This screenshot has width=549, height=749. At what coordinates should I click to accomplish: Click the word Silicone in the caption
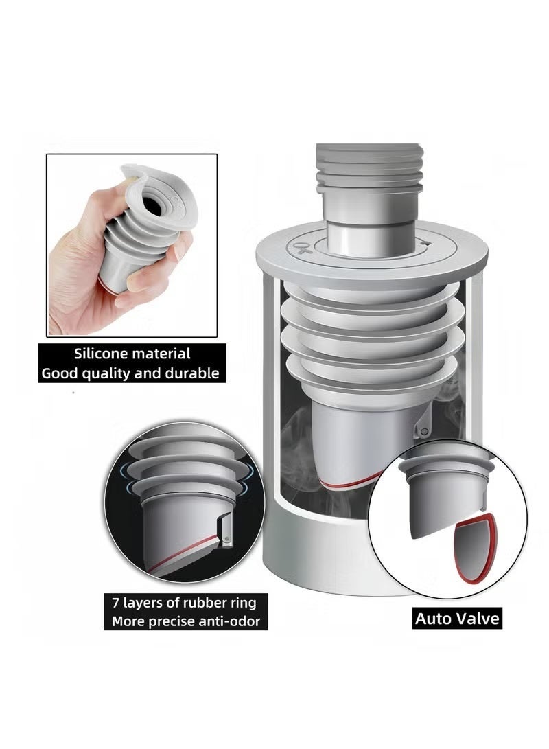102,354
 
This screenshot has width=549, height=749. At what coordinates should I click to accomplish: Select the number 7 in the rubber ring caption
116,603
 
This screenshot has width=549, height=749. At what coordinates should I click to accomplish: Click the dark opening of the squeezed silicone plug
149,198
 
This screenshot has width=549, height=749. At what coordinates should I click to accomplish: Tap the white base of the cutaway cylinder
329,556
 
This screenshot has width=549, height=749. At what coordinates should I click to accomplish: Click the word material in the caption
161,354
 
